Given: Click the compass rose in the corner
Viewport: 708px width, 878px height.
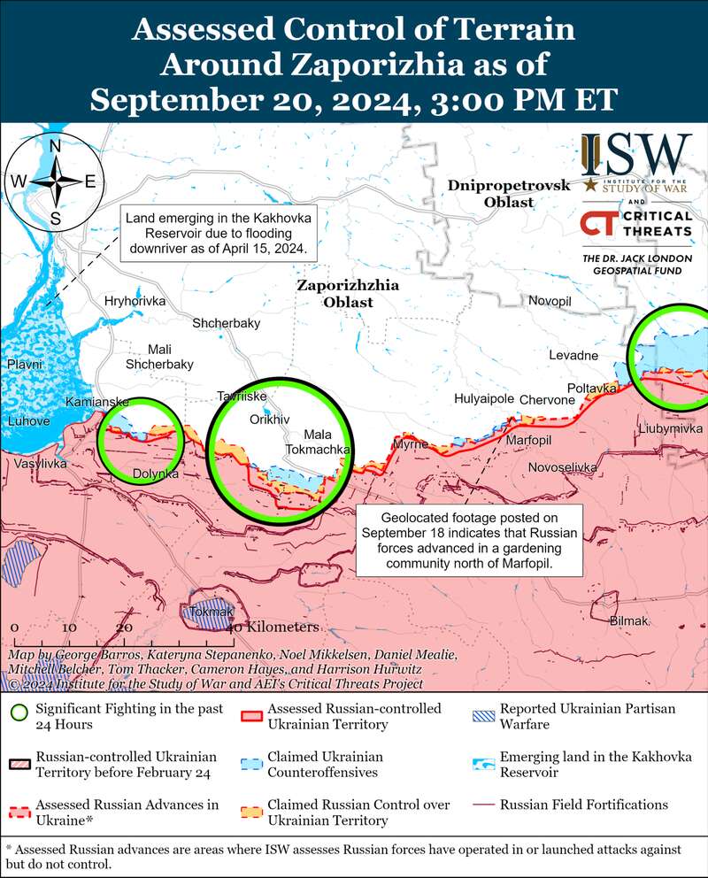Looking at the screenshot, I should [x=54, y=181].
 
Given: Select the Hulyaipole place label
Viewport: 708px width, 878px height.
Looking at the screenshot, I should [x=484, y=398].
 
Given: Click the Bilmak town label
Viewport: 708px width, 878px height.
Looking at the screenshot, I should [x=629, y=621].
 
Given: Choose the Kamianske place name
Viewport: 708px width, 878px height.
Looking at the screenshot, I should [x=97, y=402].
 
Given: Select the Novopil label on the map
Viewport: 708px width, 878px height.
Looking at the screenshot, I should [x=550, y=301].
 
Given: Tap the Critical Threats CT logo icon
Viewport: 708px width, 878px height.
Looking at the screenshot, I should [x=599, y=223].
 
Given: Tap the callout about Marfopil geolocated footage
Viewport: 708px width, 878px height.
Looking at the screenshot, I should [x=470, y=541].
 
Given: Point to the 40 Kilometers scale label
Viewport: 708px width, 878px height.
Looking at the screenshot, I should [x=273, y=627].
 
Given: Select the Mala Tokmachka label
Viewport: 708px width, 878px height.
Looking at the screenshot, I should [x=327, y=442].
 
